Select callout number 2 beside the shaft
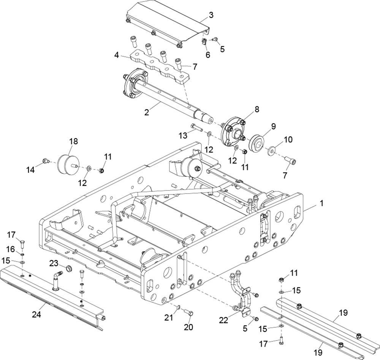point(147,112)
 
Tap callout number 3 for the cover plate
point(211,15)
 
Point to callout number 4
point(117,55)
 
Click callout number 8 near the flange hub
point(257,109)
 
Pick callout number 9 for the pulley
point(273,126)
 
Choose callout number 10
point(288,140)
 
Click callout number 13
point(183,135)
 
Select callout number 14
point(31,170)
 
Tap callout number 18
point(74,141)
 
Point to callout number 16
point(11,249)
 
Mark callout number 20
point(188,327)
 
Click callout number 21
point(169,317)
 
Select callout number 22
point(223,320)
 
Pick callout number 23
point(54,263)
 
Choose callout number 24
point(36,315)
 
